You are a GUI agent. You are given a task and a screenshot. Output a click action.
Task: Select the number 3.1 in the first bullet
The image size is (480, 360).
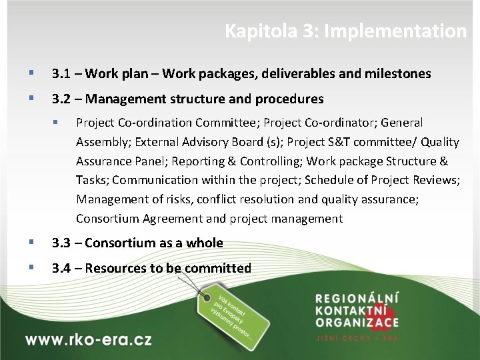(x=62, y=74)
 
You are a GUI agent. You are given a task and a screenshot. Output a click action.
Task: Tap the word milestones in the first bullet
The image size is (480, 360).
(x=397, y=74)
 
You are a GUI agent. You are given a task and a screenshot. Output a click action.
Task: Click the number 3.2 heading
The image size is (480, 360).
(x=62, y=99)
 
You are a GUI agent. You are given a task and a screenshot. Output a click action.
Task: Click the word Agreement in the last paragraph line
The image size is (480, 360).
(x=170, y=219)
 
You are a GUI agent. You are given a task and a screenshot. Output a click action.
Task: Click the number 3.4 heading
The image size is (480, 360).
(x=62, y=269)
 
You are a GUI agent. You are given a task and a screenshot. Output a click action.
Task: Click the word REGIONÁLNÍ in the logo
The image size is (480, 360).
(x=357, y=298)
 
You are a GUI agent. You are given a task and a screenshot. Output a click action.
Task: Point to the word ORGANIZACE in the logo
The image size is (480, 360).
(x=357, y=323)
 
